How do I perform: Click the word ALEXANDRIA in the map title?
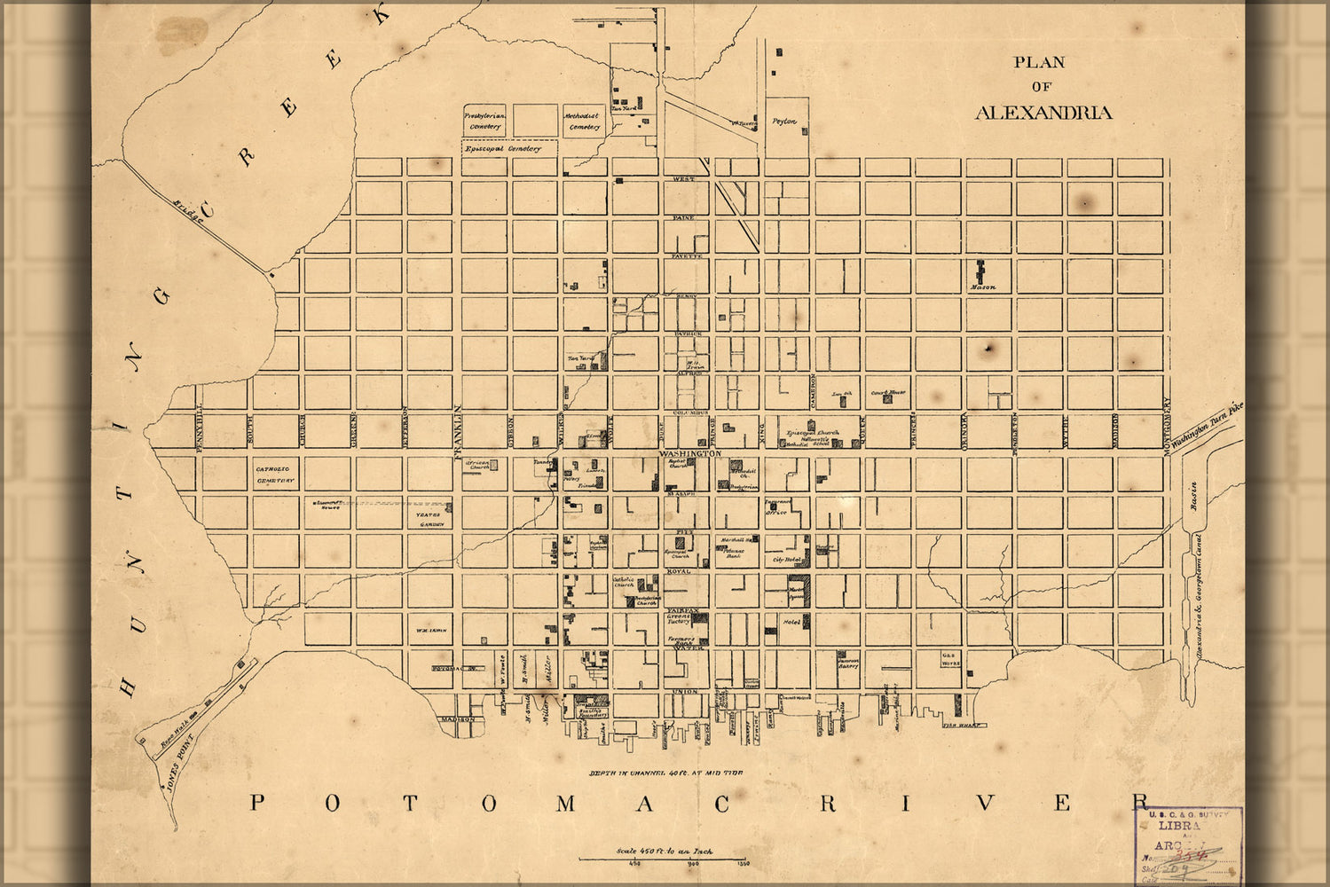(x=1043, y=113)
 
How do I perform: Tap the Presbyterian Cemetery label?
(x=484, y=121)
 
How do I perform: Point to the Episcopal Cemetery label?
(x=502, y=149)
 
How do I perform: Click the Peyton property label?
(x=784, y=122)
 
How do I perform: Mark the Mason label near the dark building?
(x=982, y=287)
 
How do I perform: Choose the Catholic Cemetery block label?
(x=274, y=475)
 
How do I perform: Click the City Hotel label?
(x=786, y=560)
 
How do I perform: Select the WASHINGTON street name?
(x=689, y=453)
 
